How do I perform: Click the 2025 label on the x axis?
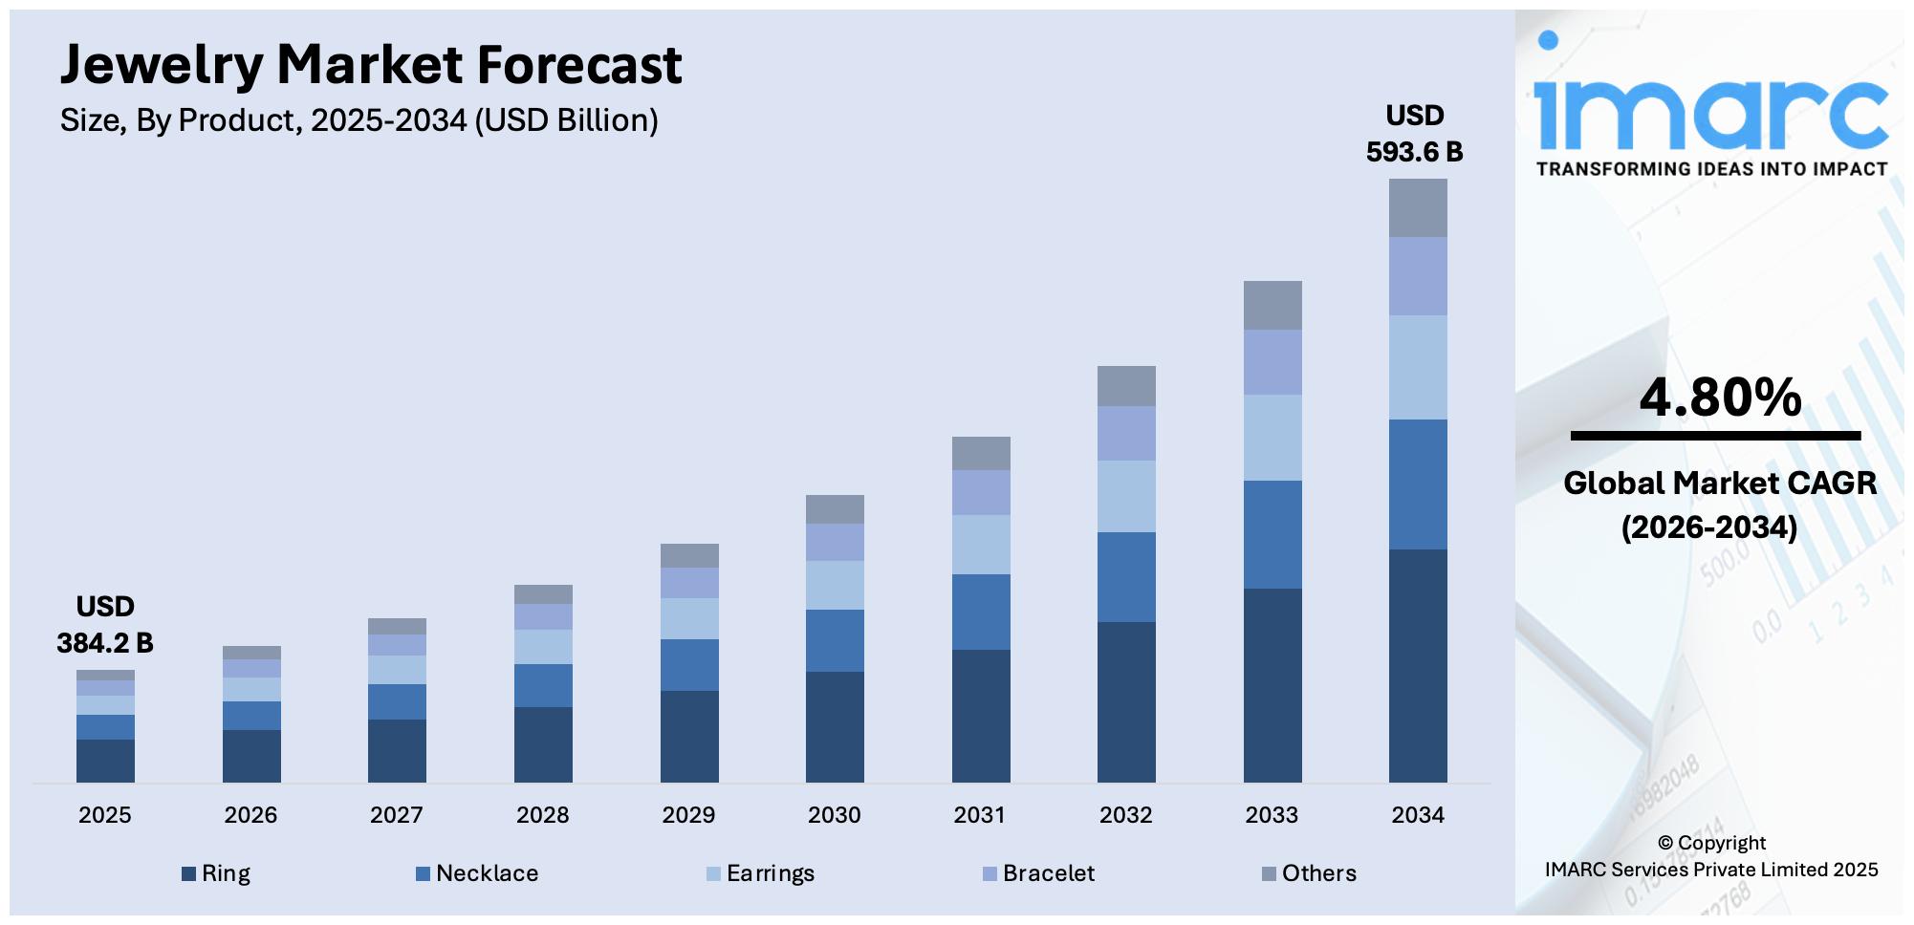pos(104,815)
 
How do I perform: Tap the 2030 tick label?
pos(834,815)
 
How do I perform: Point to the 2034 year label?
pos(1417,815)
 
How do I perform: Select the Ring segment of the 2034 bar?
pos(1418,665)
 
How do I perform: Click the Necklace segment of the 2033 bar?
pos(1272,534)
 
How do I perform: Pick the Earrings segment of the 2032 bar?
pos(1126,496)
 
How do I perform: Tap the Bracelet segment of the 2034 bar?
pos(1418,276)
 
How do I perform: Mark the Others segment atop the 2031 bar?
pos(981,453)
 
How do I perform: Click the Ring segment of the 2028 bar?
pos(543,744)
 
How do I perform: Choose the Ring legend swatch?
pos(189,873)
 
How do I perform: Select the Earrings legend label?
pos(770,873)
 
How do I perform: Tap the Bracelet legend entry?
pos(1048,873)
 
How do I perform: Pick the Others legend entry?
pos(1318,873)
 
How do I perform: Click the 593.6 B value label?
pos(1414,152)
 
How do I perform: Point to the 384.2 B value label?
pos(104,643)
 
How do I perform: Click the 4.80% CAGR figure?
pos(1720,398)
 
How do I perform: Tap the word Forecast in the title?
pos(579,65)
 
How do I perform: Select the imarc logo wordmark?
pos(1710,113)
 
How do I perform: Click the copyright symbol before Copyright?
pos(1665,843)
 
